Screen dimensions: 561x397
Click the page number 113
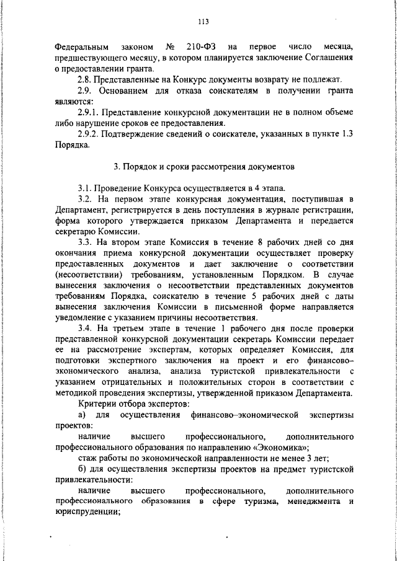point(202,23)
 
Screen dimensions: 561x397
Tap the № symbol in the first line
point(169,46)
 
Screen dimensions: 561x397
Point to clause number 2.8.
point(87,80)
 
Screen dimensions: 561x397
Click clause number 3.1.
point(87,188)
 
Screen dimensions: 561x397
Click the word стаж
point(87,458)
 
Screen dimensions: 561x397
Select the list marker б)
point(83,469)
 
